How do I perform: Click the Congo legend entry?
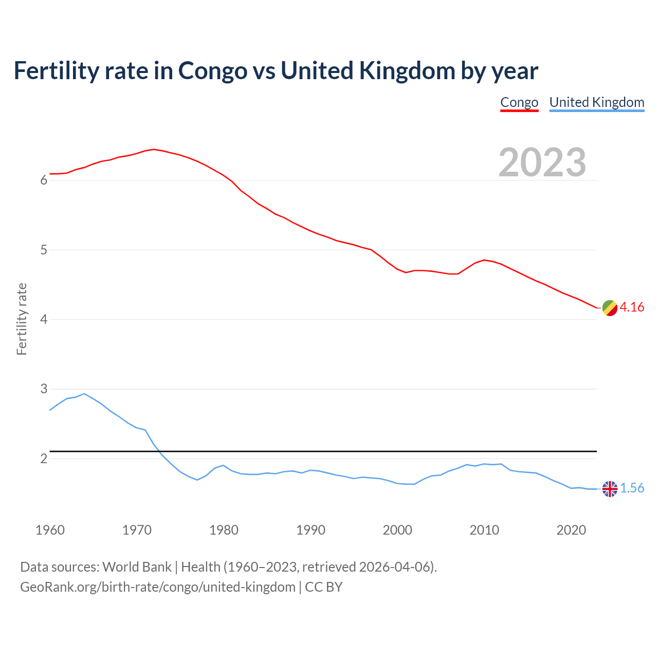click(519, 102)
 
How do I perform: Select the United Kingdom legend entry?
click(596, 102)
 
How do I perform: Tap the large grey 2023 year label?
click(542, 162)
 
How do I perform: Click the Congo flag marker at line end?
click(610, 308)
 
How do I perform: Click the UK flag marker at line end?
click(610, 489)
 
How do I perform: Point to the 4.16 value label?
click(632, 307)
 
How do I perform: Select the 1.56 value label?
click(632, 488)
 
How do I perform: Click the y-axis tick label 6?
click(44, 180)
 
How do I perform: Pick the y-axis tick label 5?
click(44, 250)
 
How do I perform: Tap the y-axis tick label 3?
click(44, 389)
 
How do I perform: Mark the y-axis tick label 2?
click(44, 459)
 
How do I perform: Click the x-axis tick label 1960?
click(50, 530)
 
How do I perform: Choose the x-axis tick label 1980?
click(224, 530)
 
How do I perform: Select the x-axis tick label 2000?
click(397, 530)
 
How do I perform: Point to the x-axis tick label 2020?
click(571, 530)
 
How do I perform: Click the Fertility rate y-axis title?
click(22, 319)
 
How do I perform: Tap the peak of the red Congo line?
click(154, 149)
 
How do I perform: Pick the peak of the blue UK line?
click(84, 394)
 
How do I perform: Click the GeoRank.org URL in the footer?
click(158, 587)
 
